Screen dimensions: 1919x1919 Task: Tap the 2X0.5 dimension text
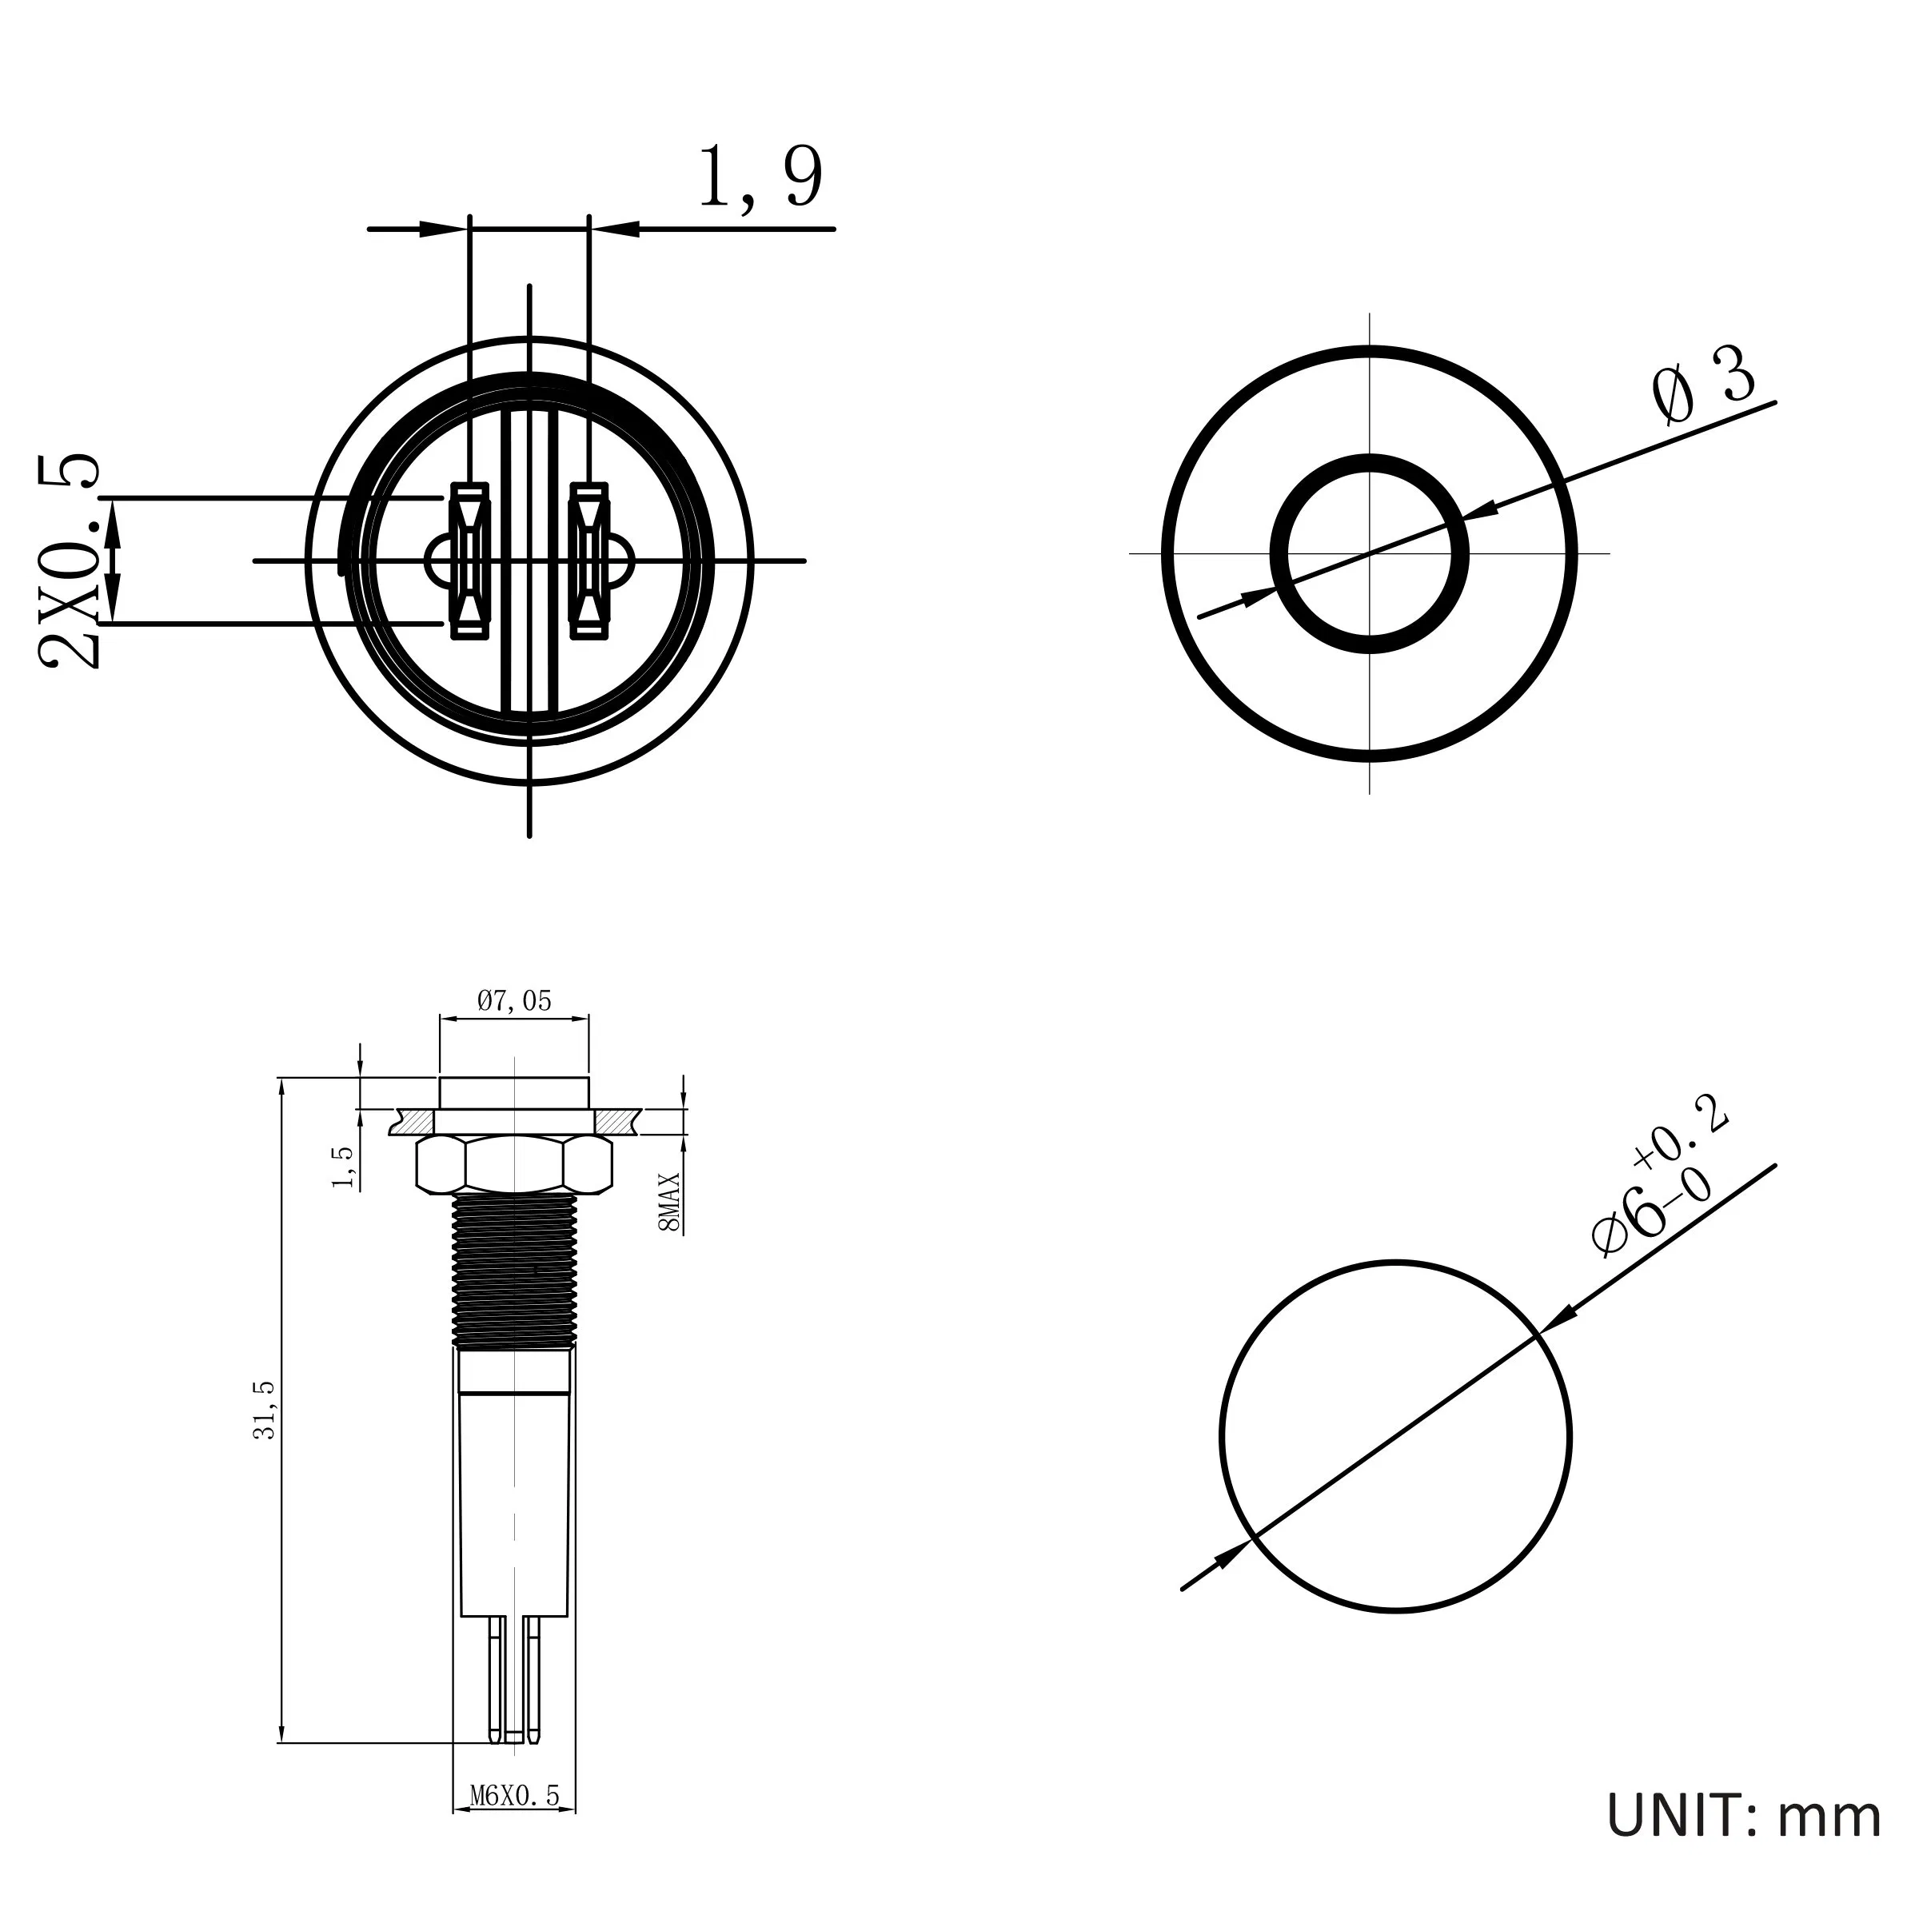pos(70,562)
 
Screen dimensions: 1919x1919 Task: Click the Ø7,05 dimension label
pos(513,1000)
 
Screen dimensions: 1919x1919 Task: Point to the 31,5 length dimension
pos(266,1410)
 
